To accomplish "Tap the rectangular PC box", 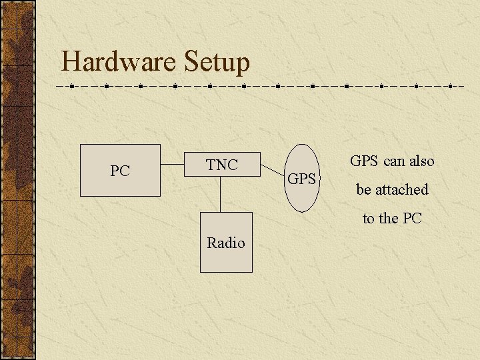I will coord(120,171).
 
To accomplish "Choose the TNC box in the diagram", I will coord(221,165).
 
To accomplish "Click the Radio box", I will coord(226,243).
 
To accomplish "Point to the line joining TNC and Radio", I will coord(221,195).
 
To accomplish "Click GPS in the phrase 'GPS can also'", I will coord(364,161).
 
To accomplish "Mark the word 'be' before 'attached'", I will coord(363,190).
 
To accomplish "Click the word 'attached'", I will coord(401,190).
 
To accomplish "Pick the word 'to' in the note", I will coord(369,219).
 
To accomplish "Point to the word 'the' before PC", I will coord(389,219).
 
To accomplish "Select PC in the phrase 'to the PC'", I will coord(412,219).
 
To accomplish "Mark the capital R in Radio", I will coord(211,243).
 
